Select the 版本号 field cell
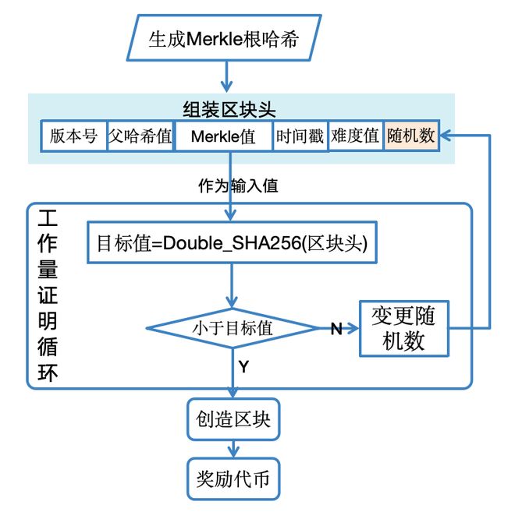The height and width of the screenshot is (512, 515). [73, 136]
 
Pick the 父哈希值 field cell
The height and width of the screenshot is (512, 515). [140, 136]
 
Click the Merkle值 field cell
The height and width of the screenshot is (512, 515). [223, 136]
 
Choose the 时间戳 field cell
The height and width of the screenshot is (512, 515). [300, 136]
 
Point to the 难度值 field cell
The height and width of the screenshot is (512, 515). [355, 136]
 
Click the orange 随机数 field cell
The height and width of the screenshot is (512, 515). [411, 136]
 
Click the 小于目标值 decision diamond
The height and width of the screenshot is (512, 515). [233, 328]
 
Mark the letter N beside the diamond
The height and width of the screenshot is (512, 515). [336, 329]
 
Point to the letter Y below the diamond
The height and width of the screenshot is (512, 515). [243, 366]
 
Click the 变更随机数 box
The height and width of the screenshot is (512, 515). [403, 328]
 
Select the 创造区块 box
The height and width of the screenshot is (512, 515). [233, 418]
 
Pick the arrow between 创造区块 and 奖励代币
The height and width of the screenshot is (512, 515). [233, 448]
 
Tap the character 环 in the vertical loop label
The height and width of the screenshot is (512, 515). [48, 372]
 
